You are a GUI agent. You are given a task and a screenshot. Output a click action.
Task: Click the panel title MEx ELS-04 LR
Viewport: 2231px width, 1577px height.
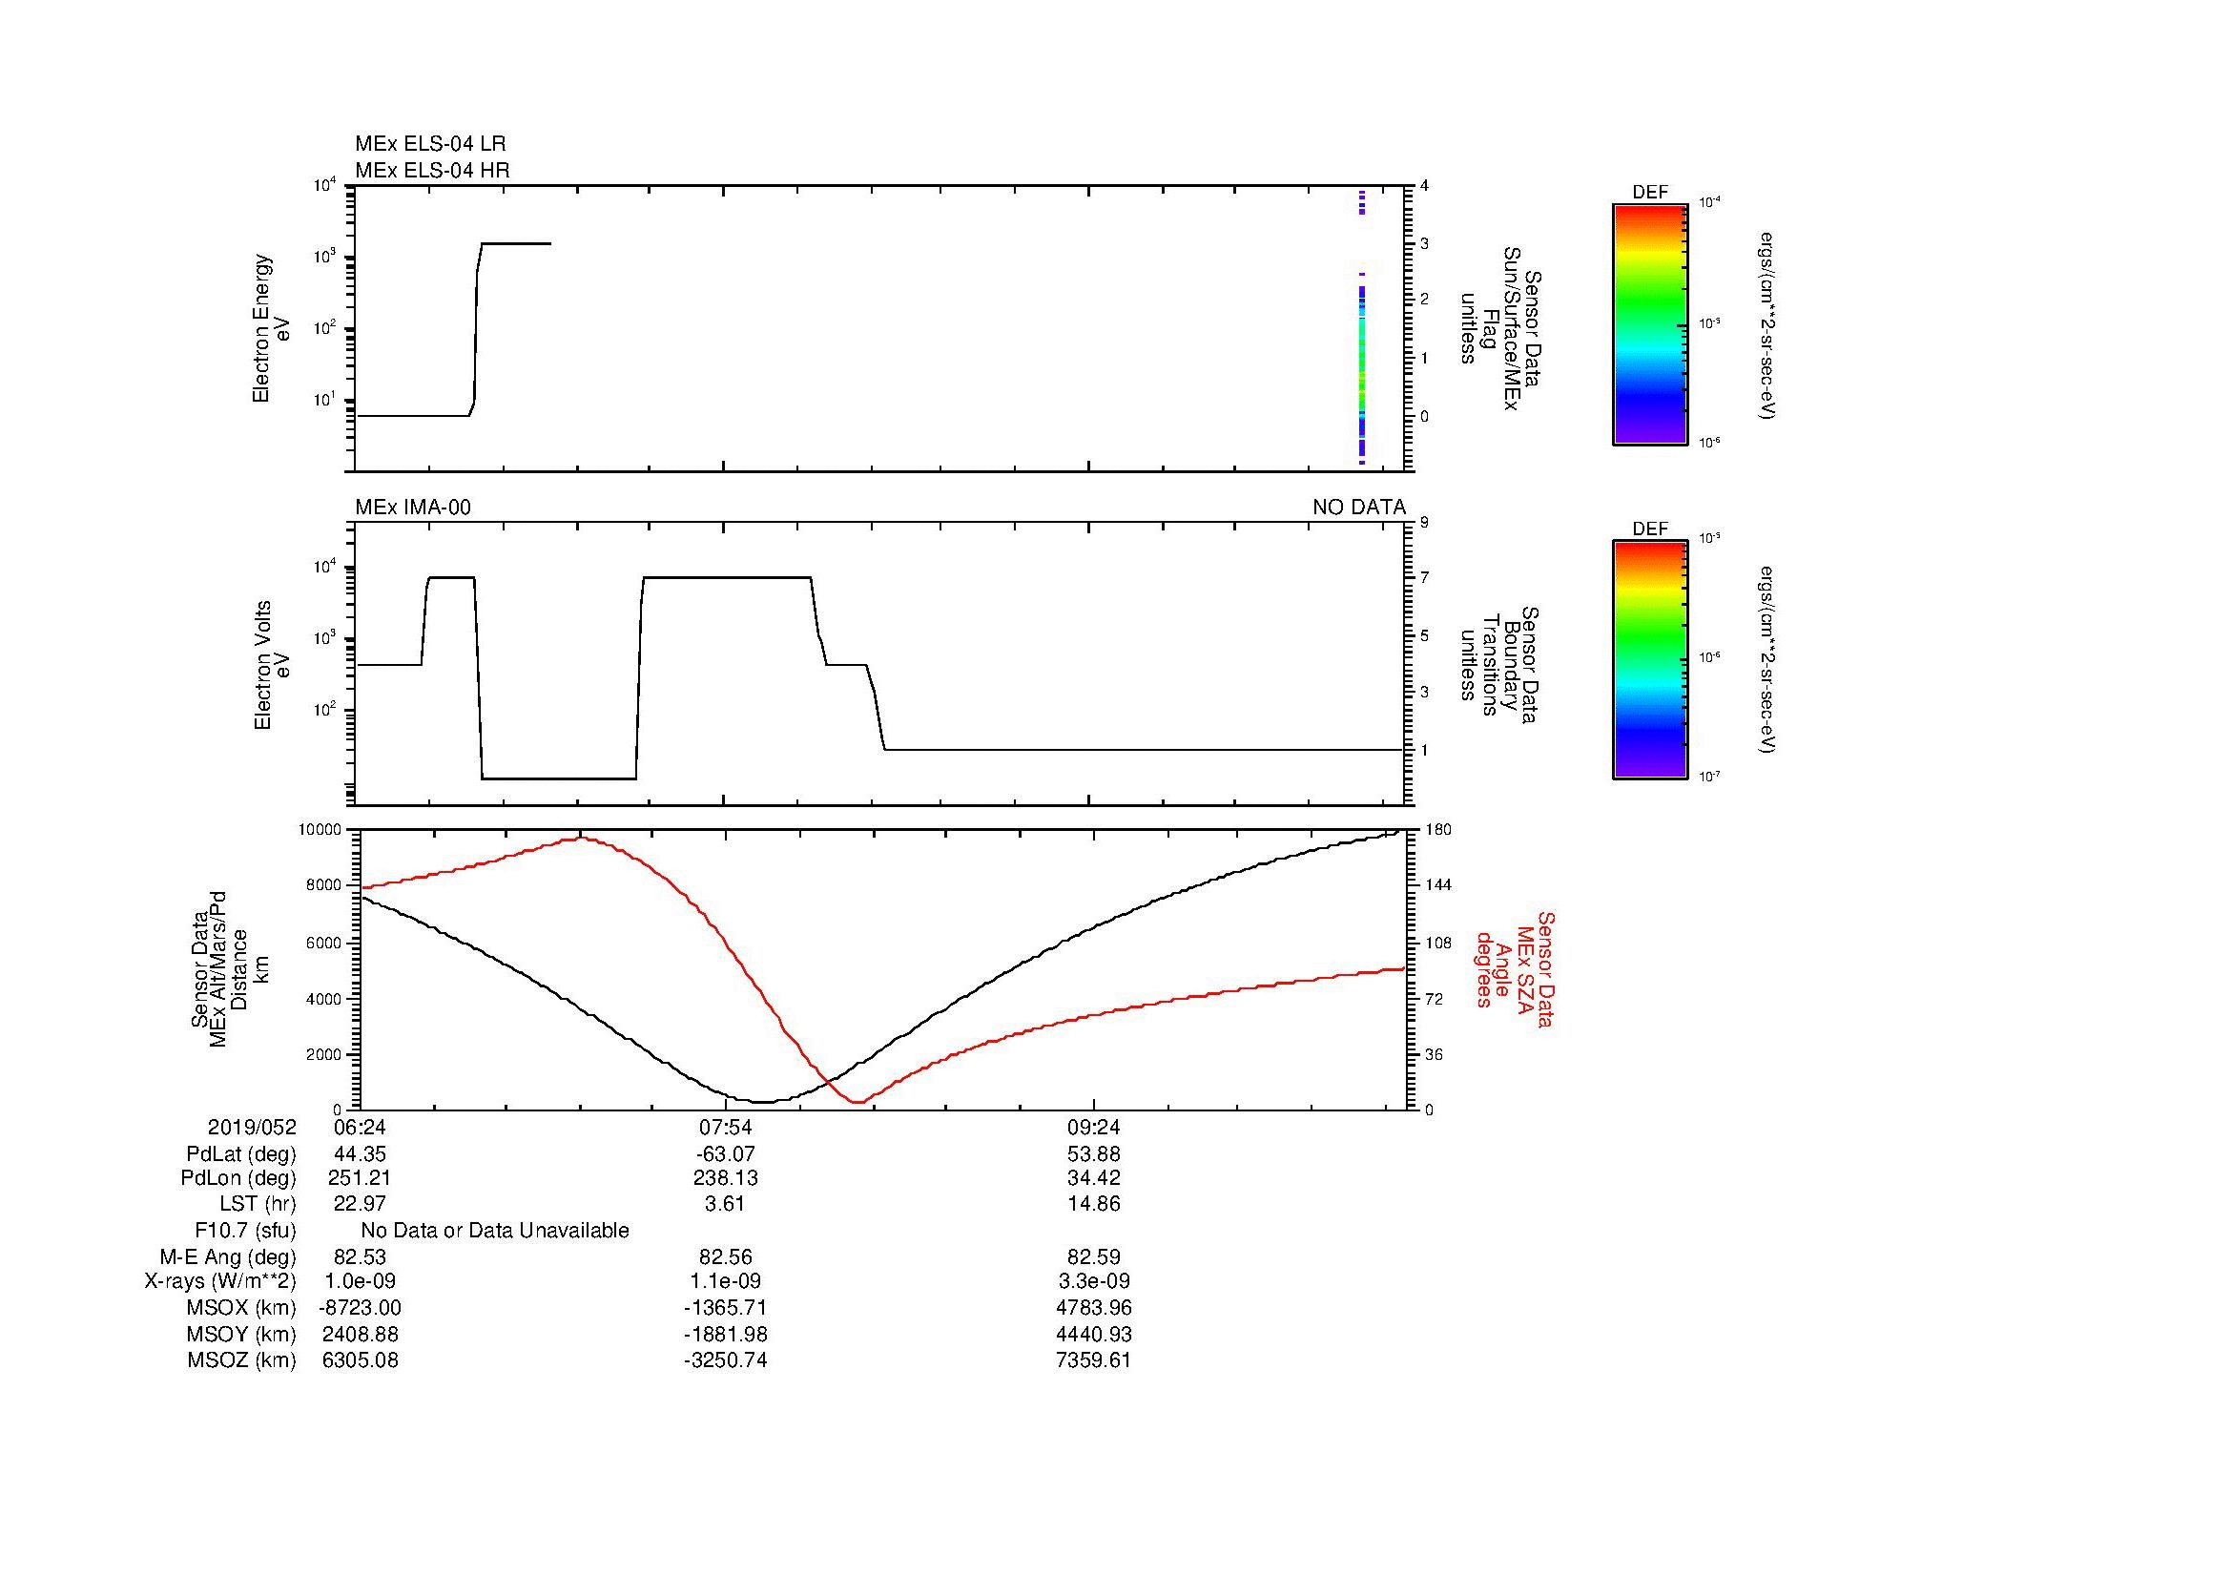click(x=429, y=144)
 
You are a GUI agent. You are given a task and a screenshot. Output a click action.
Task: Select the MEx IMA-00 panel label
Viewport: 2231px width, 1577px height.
click(x=413, y=508)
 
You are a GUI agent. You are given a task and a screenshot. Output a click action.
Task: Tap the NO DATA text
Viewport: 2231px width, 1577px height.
click(x=1358, y=508)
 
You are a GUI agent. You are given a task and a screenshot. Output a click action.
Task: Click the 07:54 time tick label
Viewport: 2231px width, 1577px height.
click(x=725, y=1128)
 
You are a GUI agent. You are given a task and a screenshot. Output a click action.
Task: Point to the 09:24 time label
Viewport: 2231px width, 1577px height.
click(x=1093, y=1128)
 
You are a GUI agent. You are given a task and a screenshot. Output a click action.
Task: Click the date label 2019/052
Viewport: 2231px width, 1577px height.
click(x=252, y=1128)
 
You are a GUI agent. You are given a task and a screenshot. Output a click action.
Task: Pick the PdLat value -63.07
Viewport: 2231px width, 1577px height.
click(x=725, y=1154)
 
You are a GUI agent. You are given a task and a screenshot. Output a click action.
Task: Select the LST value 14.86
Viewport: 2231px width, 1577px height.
click(x=1093, y=1204)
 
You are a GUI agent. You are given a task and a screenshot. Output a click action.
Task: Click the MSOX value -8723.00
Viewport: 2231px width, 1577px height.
click(x=360, y=1308)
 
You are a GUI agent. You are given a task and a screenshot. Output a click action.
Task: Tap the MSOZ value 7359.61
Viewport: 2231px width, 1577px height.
click(x=1093, y=1360)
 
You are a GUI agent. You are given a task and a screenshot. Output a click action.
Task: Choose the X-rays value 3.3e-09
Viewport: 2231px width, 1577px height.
click(x=1093, y=1281)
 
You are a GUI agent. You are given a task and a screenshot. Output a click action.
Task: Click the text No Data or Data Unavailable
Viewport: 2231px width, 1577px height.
click(x=495, y=1231)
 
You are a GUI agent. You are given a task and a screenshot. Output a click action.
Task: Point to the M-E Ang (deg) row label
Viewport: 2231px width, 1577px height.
click(x=227, y=1256)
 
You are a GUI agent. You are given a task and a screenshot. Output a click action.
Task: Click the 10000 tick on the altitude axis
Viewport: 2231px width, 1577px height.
click(x=320, y=830)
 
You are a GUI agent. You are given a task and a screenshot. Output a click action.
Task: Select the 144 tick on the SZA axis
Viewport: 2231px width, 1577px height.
click(x=1437, y=885)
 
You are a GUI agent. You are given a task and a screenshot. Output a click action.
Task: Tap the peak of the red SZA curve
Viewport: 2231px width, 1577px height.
click(x=580, y=838)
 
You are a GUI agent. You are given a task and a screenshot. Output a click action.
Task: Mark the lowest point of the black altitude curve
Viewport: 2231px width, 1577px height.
click(x=764, y=1102)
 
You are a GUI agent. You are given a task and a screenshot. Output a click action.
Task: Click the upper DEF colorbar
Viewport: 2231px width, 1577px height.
click(x=1649, y=323)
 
